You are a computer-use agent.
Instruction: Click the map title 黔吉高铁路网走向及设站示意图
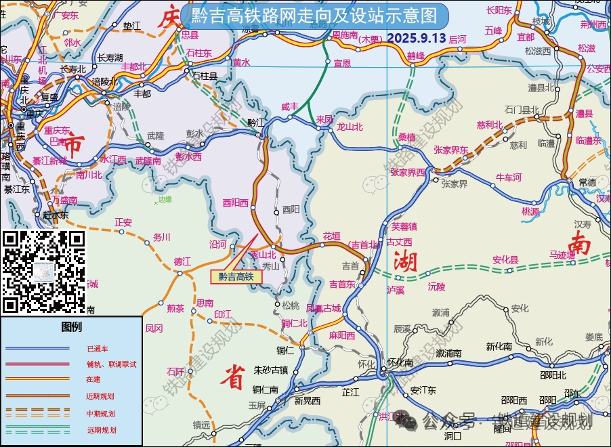[x=315, y=15]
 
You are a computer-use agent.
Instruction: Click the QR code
[x=44, y=271]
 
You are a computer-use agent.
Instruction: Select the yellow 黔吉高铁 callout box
[x=236, y=276]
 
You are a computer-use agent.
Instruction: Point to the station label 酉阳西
[x=236, y=202]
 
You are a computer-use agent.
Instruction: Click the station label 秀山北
[x=263, y=255]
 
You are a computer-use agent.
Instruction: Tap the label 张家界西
[x=408, y=172]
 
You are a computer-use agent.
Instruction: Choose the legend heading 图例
[x=71, y=327]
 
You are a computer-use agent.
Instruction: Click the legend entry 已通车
[x=97, y=349]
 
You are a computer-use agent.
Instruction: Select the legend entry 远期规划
[x=101, y=429]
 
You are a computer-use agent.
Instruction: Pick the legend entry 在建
[x=93, y=381]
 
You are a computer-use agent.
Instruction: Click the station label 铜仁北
[x=295, y=323]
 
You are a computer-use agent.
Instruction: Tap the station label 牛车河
[x=509, y=177]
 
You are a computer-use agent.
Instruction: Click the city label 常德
[x=587, y=182]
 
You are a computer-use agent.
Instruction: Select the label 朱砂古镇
[x=271, y=370]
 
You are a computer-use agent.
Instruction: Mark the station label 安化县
[x=505, y=259]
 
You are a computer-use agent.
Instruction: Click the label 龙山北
[x=350, y=127]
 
